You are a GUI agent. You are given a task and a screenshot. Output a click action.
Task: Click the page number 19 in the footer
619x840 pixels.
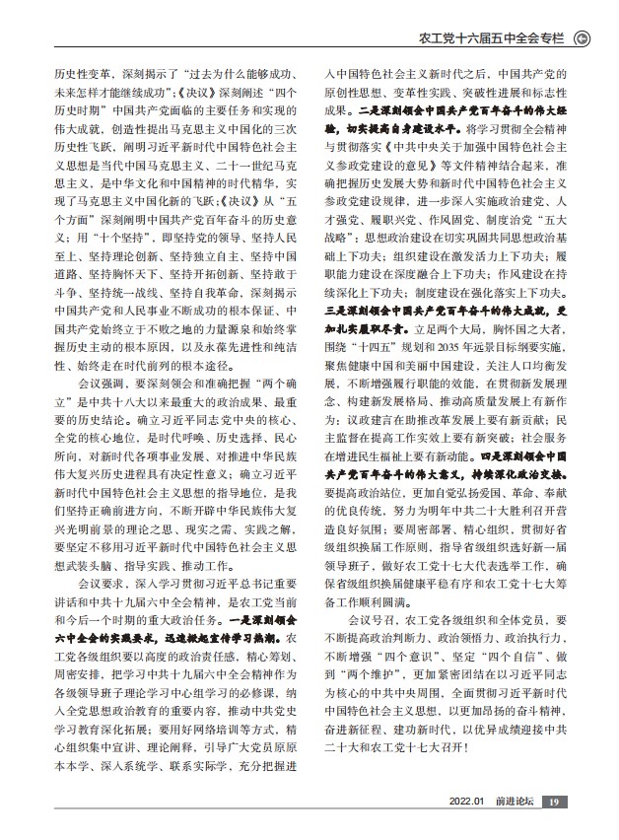pyautogui.click(x=555, y=801)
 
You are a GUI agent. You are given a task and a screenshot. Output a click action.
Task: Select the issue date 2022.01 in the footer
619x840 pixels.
pyautogui.click(x=466, y=801)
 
